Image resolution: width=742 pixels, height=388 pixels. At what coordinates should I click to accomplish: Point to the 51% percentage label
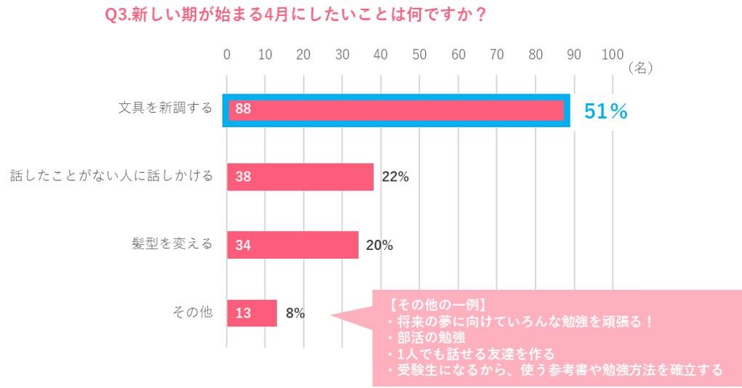tap(605, 111)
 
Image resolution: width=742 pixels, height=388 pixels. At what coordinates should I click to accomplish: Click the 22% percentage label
tap(395, 177)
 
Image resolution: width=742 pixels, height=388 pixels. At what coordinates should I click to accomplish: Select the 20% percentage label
tap(379, 246)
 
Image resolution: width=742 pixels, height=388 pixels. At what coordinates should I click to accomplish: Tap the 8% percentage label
tap(295, 314)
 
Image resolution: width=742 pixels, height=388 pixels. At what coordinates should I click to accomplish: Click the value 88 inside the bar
tap(243, 110)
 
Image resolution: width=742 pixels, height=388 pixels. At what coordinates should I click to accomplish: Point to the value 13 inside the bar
tap(243, 313)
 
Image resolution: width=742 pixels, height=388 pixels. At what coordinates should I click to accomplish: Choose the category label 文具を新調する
tap(166, 108)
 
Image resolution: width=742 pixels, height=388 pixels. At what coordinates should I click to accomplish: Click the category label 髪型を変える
tap(172, 243)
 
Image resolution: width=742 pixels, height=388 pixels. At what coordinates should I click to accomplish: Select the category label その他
tap(192, 312)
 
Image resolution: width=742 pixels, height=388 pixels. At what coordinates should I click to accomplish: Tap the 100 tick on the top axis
tap(613, 54)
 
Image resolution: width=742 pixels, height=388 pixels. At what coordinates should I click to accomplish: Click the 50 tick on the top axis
tap(419, 54)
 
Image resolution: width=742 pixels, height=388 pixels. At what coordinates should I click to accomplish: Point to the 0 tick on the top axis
tap(227, 54)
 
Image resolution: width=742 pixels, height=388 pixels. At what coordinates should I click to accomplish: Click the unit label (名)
tap(640, 67)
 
